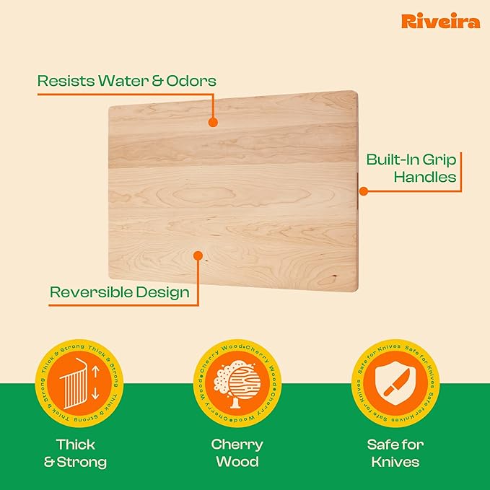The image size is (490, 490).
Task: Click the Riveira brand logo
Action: [x=440, y=22]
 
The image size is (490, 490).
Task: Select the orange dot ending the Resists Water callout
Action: [x=212, y=123]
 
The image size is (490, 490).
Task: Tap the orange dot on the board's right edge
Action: [x=364, y=191]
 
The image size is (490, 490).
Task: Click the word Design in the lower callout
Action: [x=165, y=293]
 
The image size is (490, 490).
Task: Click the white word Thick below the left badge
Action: [x=76, y=445]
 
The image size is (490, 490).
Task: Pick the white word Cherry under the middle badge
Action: [x=237, y=445]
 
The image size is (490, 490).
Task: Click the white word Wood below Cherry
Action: [x=237, y=462]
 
